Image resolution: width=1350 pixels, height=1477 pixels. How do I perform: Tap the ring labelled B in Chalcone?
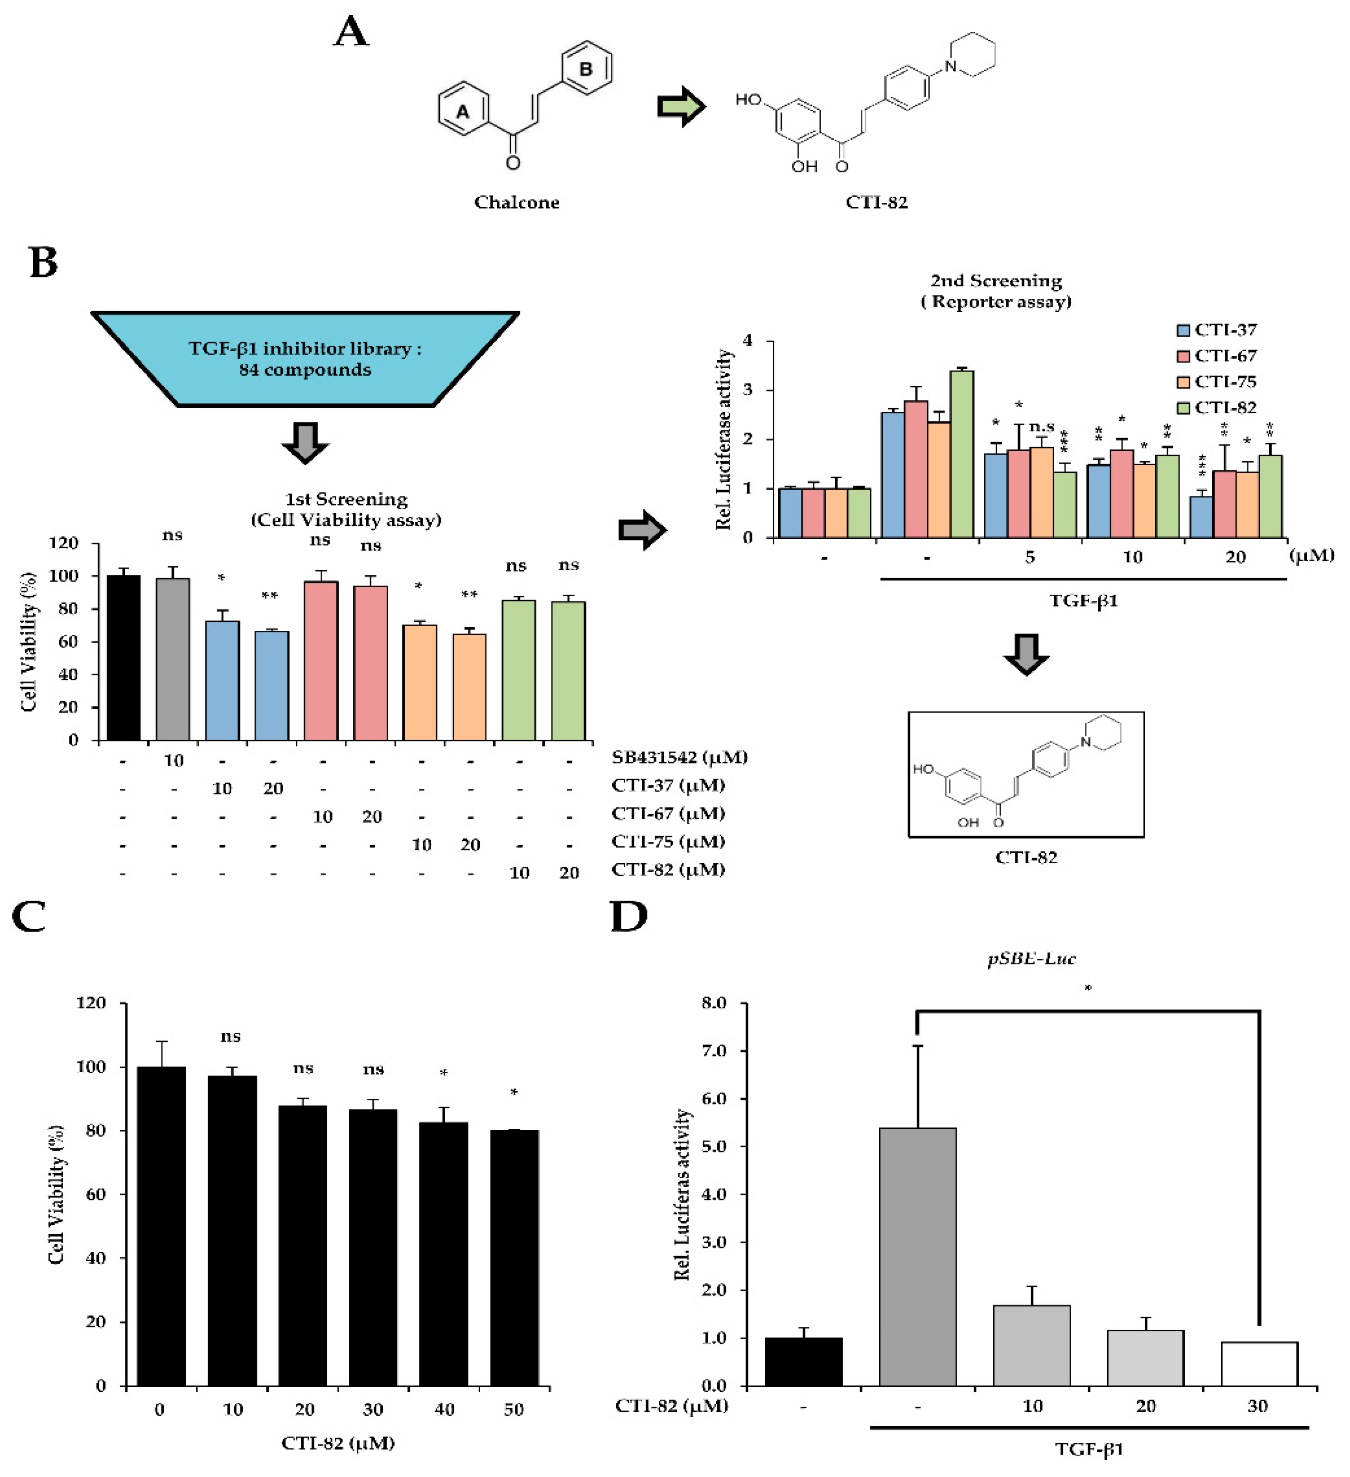[x=586, y=68]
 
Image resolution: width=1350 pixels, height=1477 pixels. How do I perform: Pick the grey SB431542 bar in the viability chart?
[x=173, y=658]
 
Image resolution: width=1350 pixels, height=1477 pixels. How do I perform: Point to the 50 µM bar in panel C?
[x=514, y=1257]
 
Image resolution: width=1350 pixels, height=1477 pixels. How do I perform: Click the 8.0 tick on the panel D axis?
[x=713, y=1003]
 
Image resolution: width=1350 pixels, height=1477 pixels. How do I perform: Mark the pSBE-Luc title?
[x=1031, y=958]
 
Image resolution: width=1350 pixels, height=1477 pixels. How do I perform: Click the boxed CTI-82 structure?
[x=1026, y=774]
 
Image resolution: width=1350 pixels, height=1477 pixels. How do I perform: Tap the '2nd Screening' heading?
[x=996, y=281]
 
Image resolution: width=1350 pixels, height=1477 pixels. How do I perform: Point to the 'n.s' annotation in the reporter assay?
[x=1041, y=427]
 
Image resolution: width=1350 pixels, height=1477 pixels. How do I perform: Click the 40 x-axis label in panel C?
[x=444, y=1409]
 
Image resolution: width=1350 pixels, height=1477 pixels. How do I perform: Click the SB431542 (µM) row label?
[x=679, y=757]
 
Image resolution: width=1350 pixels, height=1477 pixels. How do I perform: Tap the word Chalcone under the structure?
[x=516, y=202]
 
